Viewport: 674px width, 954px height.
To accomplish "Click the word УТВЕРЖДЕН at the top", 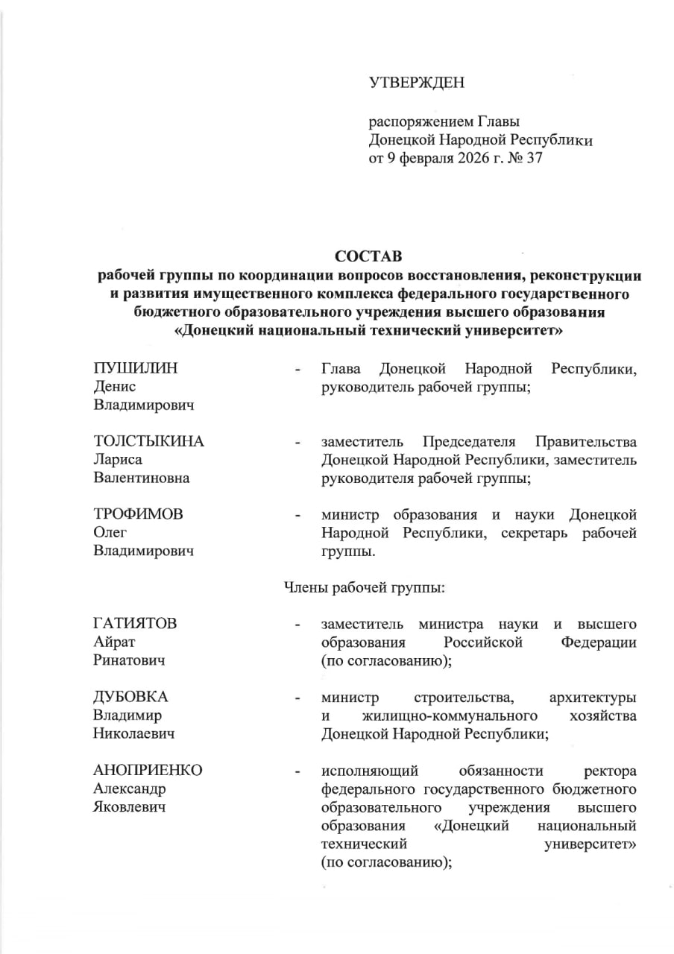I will (417, 83).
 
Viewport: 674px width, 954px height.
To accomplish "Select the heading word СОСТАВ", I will (368, 257).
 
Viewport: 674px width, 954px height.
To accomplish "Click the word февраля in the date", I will (414, 158).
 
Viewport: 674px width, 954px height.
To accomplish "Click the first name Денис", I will (113, 386).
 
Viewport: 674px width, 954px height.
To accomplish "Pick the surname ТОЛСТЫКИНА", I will (148, 441).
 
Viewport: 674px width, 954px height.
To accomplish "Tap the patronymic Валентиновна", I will (141, 478).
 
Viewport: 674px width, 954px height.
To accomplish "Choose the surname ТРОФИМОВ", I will (138, 515).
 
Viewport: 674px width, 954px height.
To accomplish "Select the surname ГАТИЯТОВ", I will (135, 624).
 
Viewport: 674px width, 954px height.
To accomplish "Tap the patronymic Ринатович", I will (129, 660).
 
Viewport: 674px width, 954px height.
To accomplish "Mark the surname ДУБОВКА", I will (130, 697).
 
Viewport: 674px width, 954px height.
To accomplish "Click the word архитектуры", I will (592, 698).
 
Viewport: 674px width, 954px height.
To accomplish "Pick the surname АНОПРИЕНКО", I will (147, 770).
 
